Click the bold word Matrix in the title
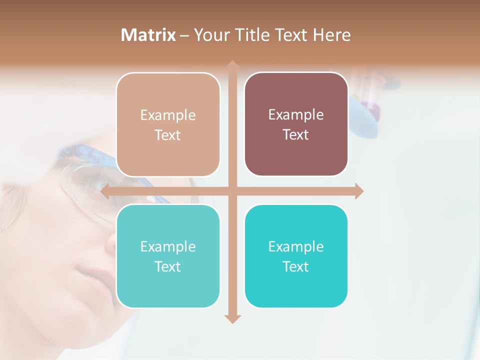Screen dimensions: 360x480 click(x=148, y=35)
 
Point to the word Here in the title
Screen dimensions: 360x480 click(x=331, y=35)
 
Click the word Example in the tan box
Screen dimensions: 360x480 click(x=168, y=115)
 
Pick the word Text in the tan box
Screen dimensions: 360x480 click(x=168, y=135)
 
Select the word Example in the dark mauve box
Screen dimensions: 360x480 click(x=296, y=115)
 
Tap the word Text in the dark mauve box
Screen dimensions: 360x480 click(x=296, y=135)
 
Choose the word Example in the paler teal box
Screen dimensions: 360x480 click(x=168, y=247)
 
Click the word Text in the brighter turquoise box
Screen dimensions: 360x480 click(x=296, y=267)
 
